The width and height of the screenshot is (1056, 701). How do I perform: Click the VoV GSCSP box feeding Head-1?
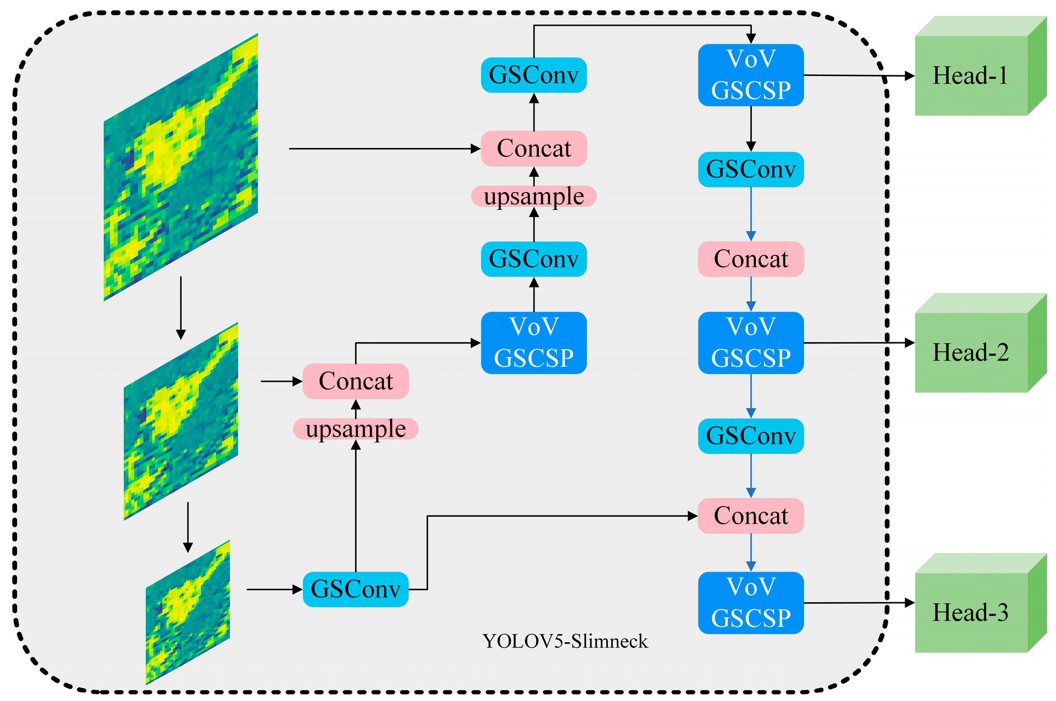(751, 75)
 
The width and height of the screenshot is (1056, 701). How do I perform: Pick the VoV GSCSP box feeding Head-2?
(751, 342)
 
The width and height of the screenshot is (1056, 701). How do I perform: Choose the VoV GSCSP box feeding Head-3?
(751, 603)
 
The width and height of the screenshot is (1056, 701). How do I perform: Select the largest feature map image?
(181, 167)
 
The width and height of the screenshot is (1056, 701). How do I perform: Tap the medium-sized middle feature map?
(181, 421)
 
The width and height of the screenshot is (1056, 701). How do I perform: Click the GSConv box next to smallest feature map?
(355, 589)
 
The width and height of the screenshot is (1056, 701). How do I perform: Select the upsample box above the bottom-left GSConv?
(355, 429)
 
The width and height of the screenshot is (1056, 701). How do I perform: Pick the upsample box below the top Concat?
(534, 196)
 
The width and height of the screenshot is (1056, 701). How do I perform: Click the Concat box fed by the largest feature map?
(534, 148)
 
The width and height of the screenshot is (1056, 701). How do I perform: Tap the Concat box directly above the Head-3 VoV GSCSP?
(751, 516)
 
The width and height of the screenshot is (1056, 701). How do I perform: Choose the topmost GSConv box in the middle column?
(534, 75)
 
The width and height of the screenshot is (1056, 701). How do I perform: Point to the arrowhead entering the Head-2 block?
(910, 343)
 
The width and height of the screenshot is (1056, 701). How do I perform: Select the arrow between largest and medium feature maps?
(181, 309)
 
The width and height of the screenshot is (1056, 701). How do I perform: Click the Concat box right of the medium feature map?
(355, 381)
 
